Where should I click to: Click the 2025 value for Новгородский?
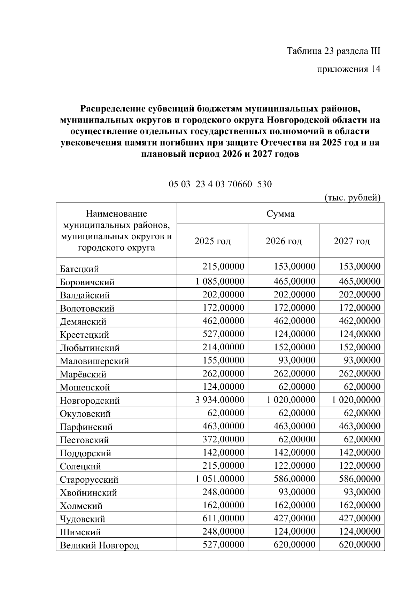click(220, 400)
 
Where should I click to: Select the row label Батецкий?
click(79, 269)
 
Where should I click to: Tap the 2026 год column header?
click(284, 241)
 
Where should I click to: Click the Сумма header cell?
click(280, 213)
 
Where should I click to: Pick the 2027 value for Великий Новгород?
click(359, 545)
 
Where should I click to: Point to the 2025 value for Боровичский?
click(220, 281)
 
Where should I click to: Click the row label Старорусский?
click(89, 480)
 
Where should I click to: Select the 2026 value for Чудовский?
click(294, 518)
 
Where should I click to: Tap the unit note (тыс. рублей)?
click(352, 197)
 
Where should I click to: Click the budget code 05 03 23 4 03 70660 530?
click(220, 184)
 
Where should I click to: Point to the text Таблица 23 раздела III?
click(333, 51)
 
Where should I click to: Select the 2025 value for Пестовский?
click(223, 439)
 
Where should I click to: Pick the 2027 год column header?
click(351, 241)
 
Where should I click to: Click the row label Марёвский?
click(83, 374)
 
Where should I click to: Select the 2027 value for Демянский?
click(359, 321)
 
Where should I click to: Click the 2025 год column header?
click(212, 241)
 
